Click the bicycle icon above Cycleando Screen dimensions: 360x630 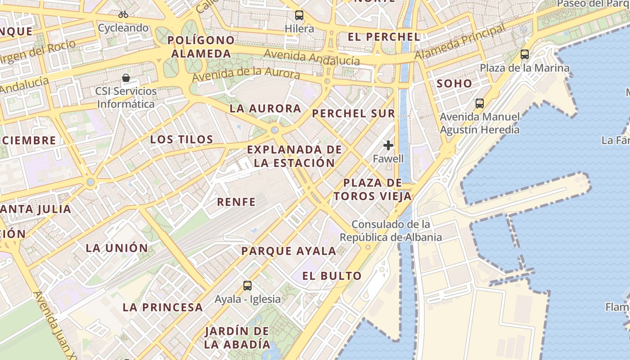coord(123,14)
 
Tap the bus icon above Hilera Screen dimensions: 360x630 coord(299,15)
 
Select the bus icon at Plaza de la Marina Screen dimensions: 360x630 coord(525,54)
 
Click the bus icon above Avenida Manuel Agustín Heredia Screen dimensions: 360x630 coord(480,103)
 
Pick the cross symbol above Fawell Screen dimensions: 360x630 coord(388,145)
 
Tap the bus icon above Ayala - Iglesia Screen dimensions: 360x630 coord(247,285)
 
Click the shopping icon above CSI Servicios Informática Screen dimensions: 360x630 coord(126,78)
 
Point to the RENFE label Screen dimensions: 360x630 coord(236,202)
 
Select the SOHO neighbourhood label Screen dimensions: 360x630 coord(454,83)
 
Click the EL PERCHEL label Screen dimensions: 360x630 coord(384,37)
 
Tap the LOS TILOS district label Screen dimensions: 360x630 coord(182,139)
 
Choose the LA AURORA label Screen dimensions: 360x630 coord(265,108)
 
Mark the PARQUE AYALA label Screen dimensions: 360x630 coord(289,251)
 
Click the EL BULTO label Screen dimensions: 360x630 coord(332,276)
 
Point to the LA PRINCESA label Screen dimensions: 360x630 coord(163,307)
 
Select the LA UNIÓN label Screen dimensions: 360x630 coord(117,248)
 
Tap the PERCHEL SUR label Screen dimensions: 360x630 coord(354,113)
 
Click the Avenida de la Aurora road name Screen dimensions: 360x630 coord(246,74)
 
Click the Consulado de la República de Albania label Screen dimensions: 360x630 coord(391,230)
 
